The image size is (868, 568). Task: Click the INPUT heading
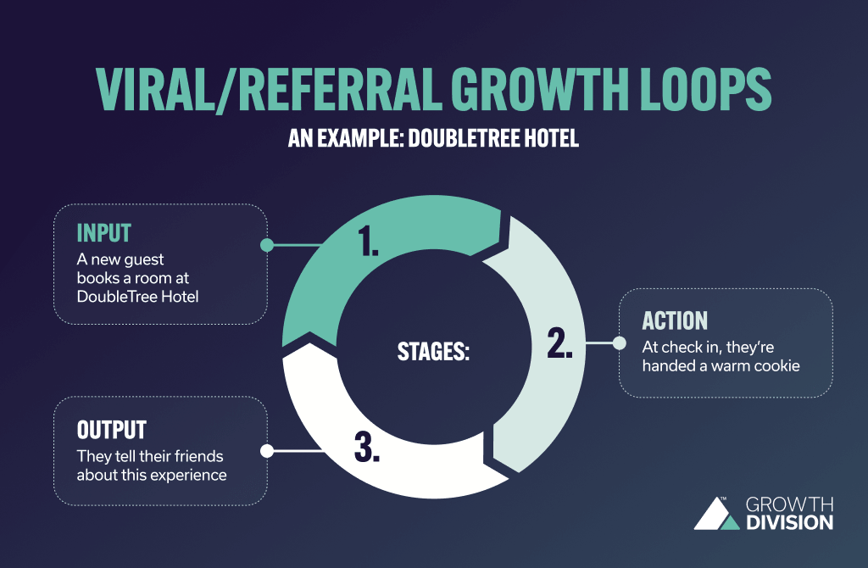click(x=105, y=232)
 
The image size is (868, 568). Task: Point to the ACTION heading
click(x=675, y=320)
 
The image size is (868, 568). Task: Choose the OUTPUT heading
click(x=112, y=428)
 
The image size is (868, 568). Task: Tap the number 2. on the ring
click(x=560, y=342)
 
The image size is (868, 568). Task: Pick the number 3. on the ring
click(x=366, y=447)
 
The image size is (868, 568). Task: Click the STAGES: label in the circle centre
click(x=433, y=350)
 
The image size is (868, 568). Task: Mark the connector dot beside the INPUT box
click(x=266, y=245)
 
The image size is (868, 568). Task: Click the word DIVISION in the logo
click(x=789, y=522)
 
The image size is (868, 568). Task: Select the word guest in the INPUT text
click(x=147, y=258)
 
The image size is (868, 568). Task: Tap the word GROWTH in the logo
click(x=789, y=504)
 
